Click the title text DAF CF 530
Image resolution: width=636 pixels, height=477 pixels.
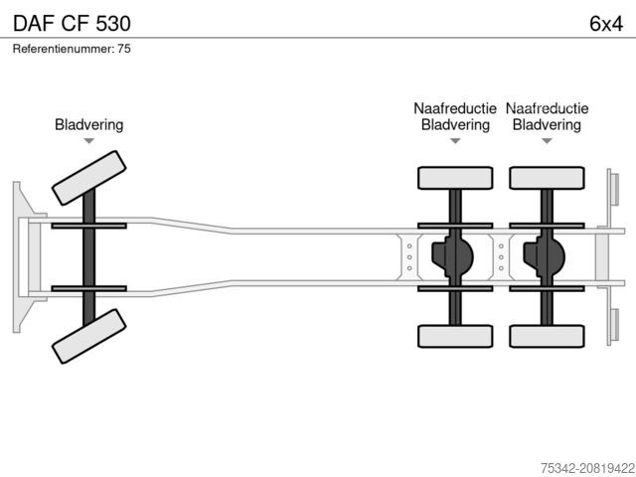70,22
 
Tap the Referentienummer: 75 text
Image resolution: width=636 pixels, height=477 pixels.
72,49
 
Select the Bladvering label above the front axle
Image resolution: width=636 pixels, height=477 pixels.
88,125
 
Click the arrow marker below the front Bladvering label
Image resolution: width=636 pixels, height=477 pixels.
88,141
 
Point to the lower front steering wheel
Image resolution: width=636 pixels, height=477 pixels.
88,336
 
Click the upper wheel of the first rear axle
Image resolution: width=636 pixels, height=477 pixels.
455,178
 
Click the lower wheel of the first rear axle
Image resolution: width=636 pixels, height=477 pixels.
455,335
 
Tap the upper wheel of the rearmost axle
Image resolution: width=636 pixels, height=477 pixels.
547,178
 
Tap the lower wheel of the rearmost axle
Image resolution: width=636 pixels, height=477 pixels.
547,335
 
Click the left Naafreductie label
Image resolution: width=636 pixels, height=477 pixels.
455,108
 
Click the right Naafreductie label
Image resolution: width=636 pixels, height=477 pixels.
547,108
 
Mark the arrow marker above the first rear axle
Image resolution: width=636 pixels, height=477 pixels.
455,141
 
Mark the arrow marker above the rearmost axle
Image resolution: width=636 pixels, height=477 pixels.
547,141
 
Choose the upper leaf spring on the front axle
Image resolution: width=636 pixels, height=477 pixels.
88,227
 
